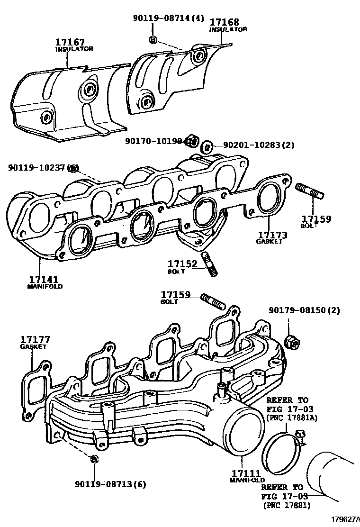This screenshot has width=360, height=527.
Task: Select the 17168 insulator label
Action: coord(224,22)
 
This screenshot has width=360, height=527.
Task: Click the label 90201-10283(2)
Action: coord(252,145)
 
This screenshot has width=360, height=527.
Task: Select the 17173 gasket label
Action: coord(272,235)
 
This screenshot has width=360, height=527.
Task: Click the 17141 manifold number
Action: coord(43,280)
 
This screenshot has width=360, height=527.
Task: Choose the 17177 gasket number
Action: coord(35,340)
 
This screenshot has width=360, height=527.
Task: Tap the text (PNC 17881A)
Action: coord(292,418)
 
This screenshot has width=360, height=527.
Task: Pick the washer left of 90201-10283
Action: coord(206,146)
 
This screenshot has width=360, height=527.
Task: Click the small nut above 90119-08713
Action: coord(94,458)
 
